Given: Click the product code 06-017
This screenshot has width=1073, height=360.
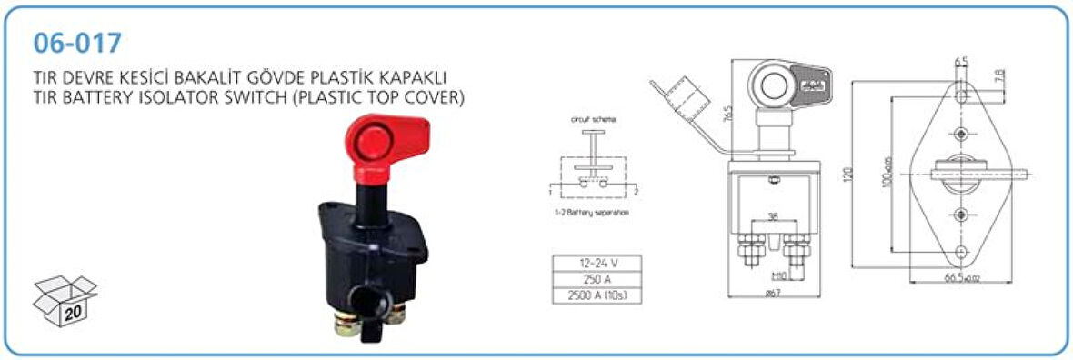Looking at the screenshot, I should [76, 43].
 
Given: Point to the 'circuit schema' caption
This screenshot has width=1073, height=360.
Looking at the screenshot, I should [592, 120].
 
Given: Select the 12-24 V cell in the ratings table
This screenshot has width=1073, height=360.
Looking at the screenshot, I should [597, 264].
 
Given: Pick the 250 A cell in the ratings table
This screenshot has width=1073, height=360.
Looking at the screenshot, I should [597, 280].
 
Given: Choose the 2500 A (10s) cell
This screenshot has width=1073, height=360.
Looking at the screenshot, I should [597, 296].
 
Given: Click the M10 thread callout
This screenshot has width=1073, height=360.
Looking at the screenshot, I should [778, 274].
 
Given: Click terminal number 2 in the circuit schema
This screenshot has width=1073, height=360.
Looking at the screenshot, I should [637, 193].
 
